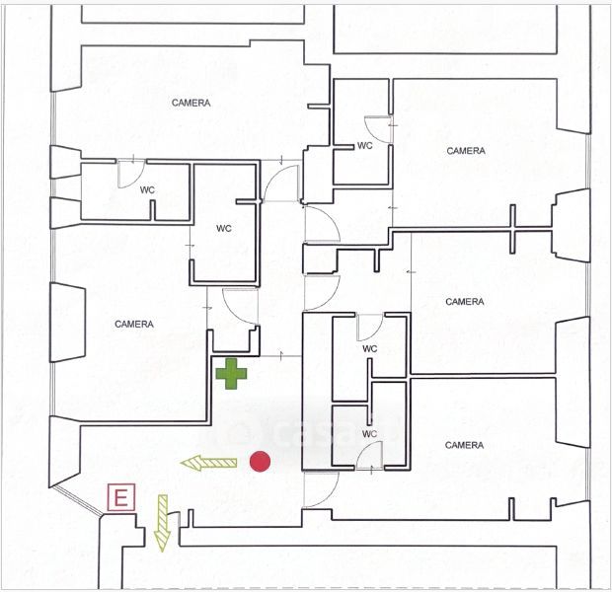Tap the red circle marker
tap(261, 461)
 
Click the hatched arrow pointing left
tap(208, 462)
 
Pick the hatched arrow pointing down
tap(163, 520)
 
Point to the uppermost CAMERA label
tap(191, 103)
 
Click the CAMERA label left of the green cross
tap(133, 324)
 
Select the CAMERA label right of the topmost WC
tap(465, 151)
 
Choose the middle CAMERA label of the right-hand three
tap(464, 301)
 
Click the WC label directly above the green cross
tap(224, 228)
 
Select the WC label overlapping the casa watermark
tap(370, 433)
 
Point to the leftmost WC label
tap(147, 189)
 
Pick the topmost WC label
tap(364, 145)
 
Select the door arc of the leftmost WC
tap(130, 173)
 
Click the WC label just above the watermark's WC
tap(370, 348)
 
